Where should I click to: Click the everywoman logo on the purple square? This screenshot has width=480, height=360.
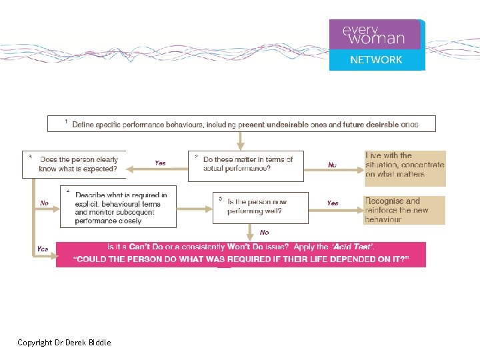pos(374,35)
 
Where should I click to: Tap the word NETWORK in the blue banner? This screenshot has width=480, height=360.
pos(377,60)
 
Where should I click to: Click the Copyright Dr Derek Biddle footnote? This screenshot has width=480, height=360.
pos(65,343)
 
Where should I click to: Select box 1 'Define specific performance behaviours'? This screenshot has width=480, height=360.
pos(241,124)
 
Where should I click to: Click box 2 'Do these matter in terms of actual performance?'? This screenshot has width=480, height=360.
pos(245,165)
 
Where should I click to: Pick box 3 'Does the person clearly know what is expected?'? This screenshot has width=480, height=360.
pos(74,165)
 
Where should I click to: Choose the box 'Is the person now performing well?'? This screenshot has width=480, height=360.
pos(260,207)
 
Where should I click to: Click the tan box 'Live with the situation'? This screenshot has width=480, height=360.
pos(405,165)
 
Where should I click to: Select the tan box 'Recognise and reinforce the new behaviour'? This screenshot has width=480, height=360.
pos(405,210)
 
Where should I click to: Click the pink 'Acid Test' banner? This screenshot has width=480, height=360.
pos(241,253)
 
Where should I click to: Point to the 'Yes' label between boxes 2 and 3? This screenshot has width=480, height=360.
pos(161,163)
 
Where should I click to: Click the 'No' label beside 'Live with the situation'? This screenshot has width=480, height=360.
pos(332,165)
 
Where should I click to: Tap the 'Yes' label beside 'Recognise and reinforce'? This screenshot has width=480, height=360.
pos(332,203)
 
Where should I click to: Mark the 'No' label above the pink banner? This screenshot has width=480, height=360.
pos(265,232)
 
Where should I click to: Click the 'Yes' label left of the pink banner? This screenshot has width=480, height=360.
pos(43,249)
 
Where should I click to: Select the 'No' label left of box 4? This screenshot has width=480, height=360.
pos(44,203)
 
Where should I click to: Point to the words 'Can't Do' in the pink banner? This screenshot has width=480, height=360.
pos(147,247)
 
